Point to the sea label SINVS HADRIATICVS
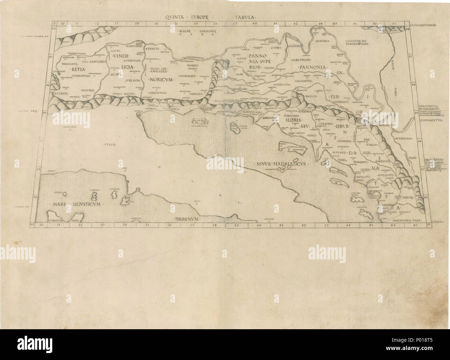click(x=280, y=164)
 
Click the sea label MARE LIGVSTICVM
click(x=77, y=204)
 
